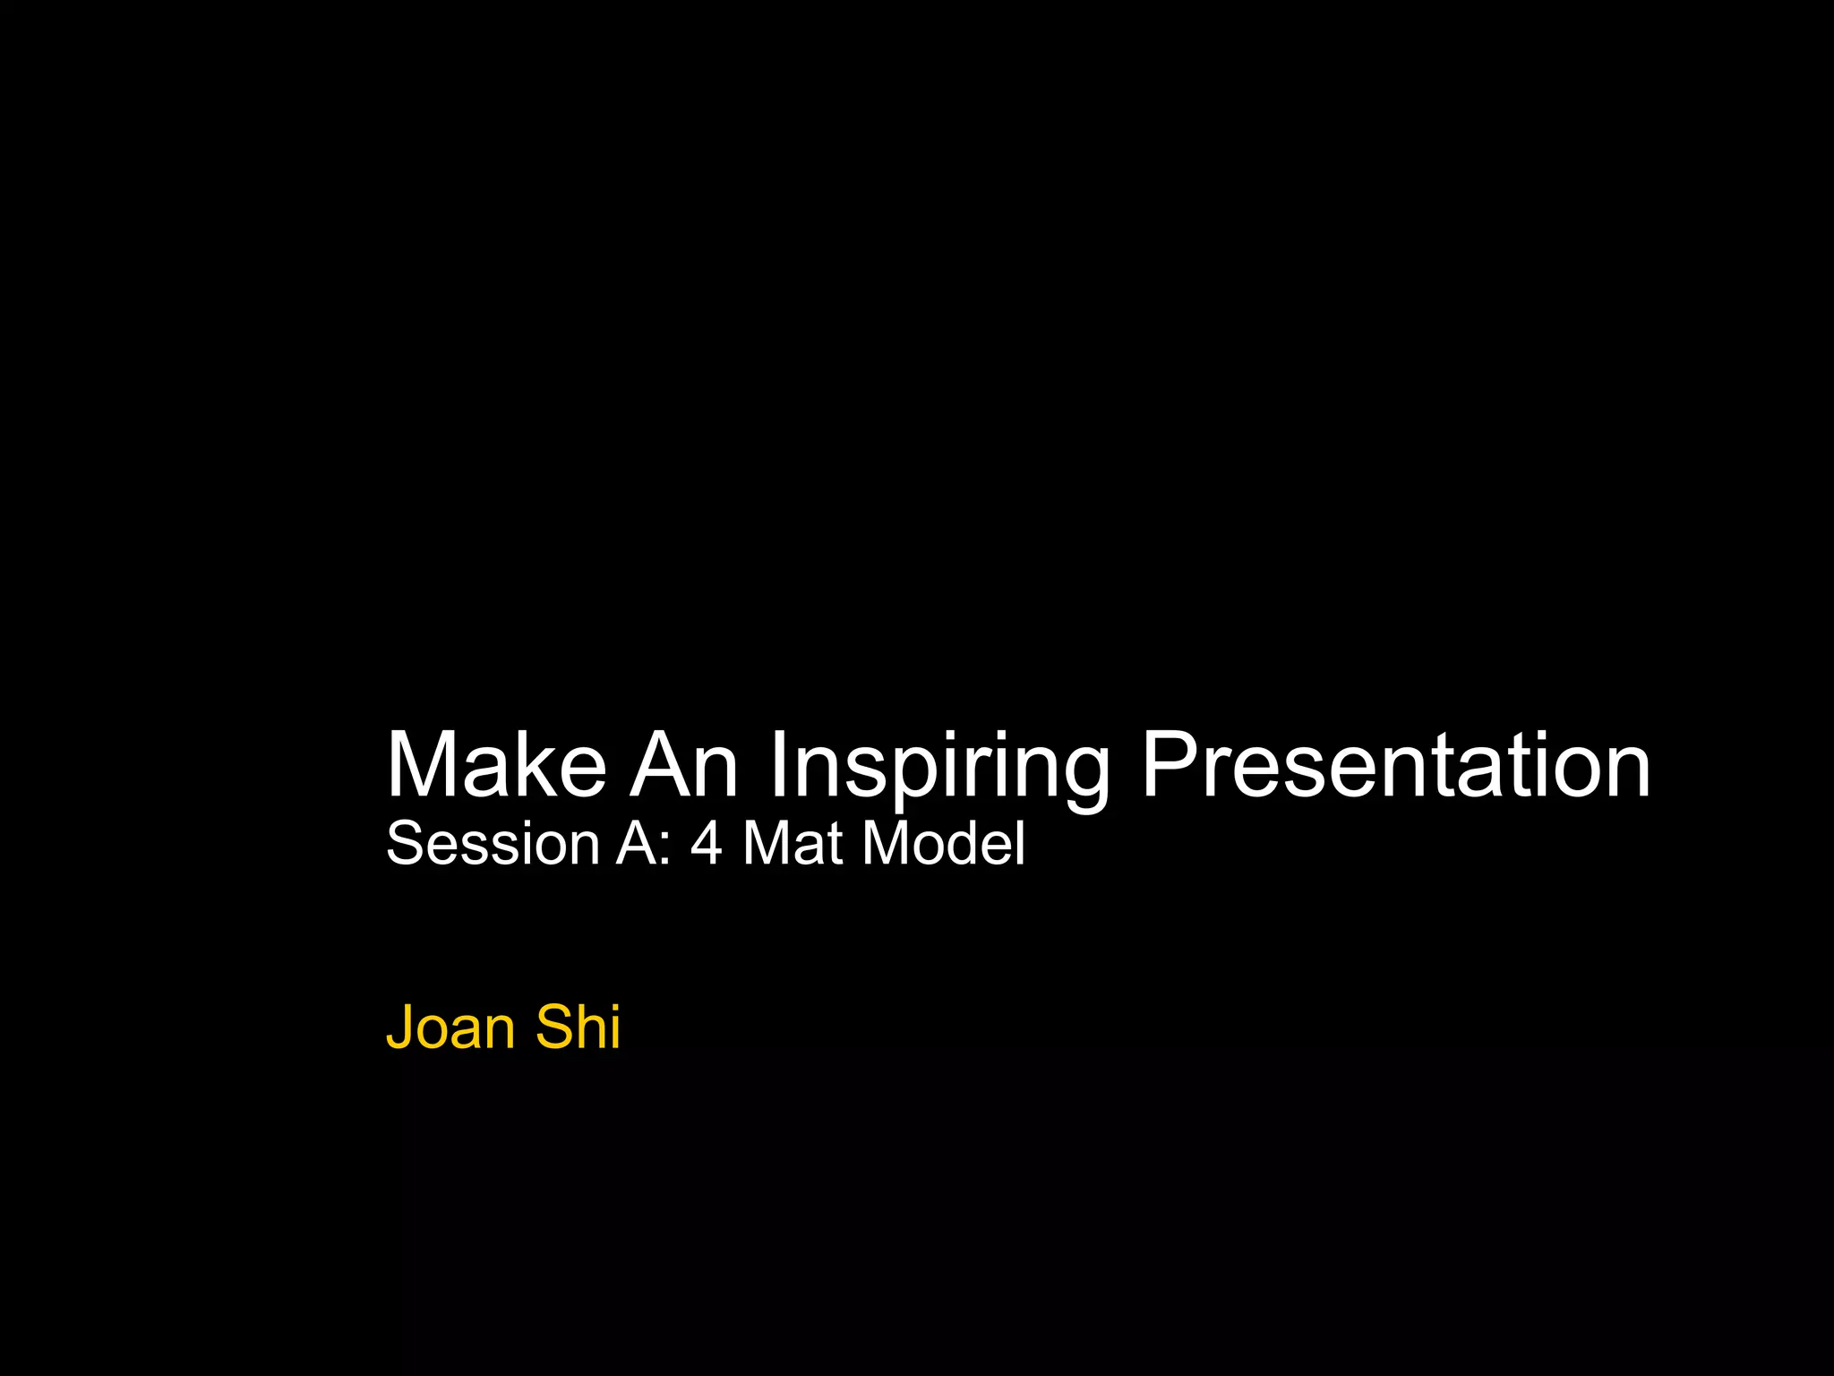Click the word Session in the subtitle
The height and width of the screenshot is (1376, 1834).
pos(493,844)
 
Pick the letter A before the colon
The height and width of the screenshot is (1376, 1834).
pos(635,844)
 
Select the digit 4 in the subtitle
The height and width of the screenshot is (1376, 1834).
pos(706,844)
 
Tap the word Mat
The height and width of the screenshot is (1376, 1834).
pos(793,844)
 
